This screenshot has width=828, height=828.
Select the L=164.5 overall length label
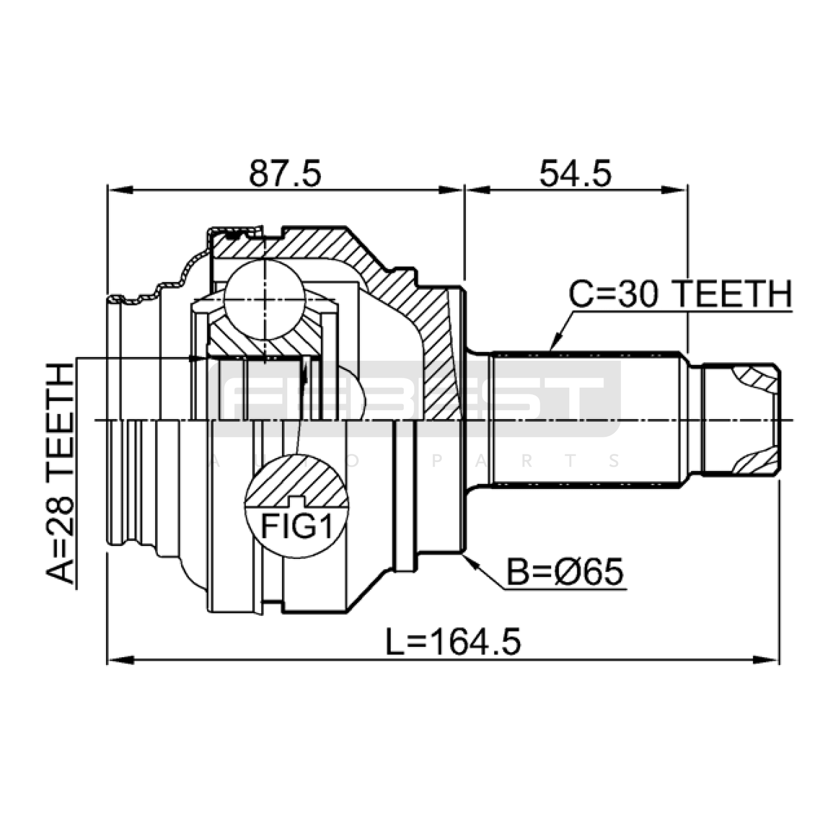tap(453, 642)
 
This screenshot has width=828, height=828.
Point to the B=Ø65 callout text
tap(565, 573)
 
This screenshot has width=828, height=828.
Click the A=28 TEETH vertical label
tap(61, 474)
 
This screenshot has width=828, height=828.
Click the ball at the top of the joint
tap(264, 300)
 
